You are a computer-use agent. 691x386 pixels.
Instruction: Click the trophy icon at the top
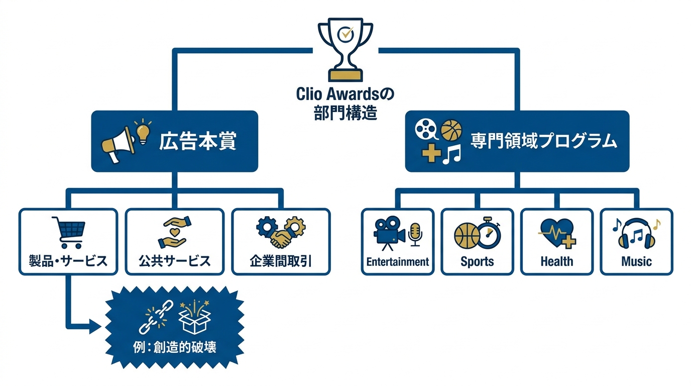345,49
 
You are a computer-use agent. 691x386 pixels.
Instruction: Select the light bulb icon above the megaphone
143,131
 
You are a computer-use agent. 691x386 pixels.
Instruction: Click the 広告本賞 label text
198,142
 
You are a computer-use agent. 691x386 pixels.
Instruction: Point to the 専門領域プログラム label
543,141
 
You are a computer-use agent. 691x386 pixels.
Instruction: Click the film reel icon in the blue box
426,129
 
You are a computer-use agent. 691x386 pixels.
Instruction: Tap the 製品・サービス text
68,261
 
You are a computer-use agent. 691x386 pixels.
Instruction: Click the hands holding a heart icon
174,232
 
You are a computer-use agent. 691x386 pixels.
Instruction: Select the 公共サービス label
175,261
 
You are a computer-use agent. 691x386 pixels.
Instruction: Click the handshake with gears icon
281,232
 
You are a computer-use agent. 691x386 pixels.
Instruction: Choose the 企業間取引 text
281,261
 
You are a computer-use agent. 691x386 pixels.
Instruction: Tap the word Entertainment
398,262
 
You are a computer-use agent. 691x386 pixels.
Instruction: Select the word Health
557,261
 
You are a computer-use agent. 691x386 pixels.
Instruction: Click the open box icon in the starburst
195,318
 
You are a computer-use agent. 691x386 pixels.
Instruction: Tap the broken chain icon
156,317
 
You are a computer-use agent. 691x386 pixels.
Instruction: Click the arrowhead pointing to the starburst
95,326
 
